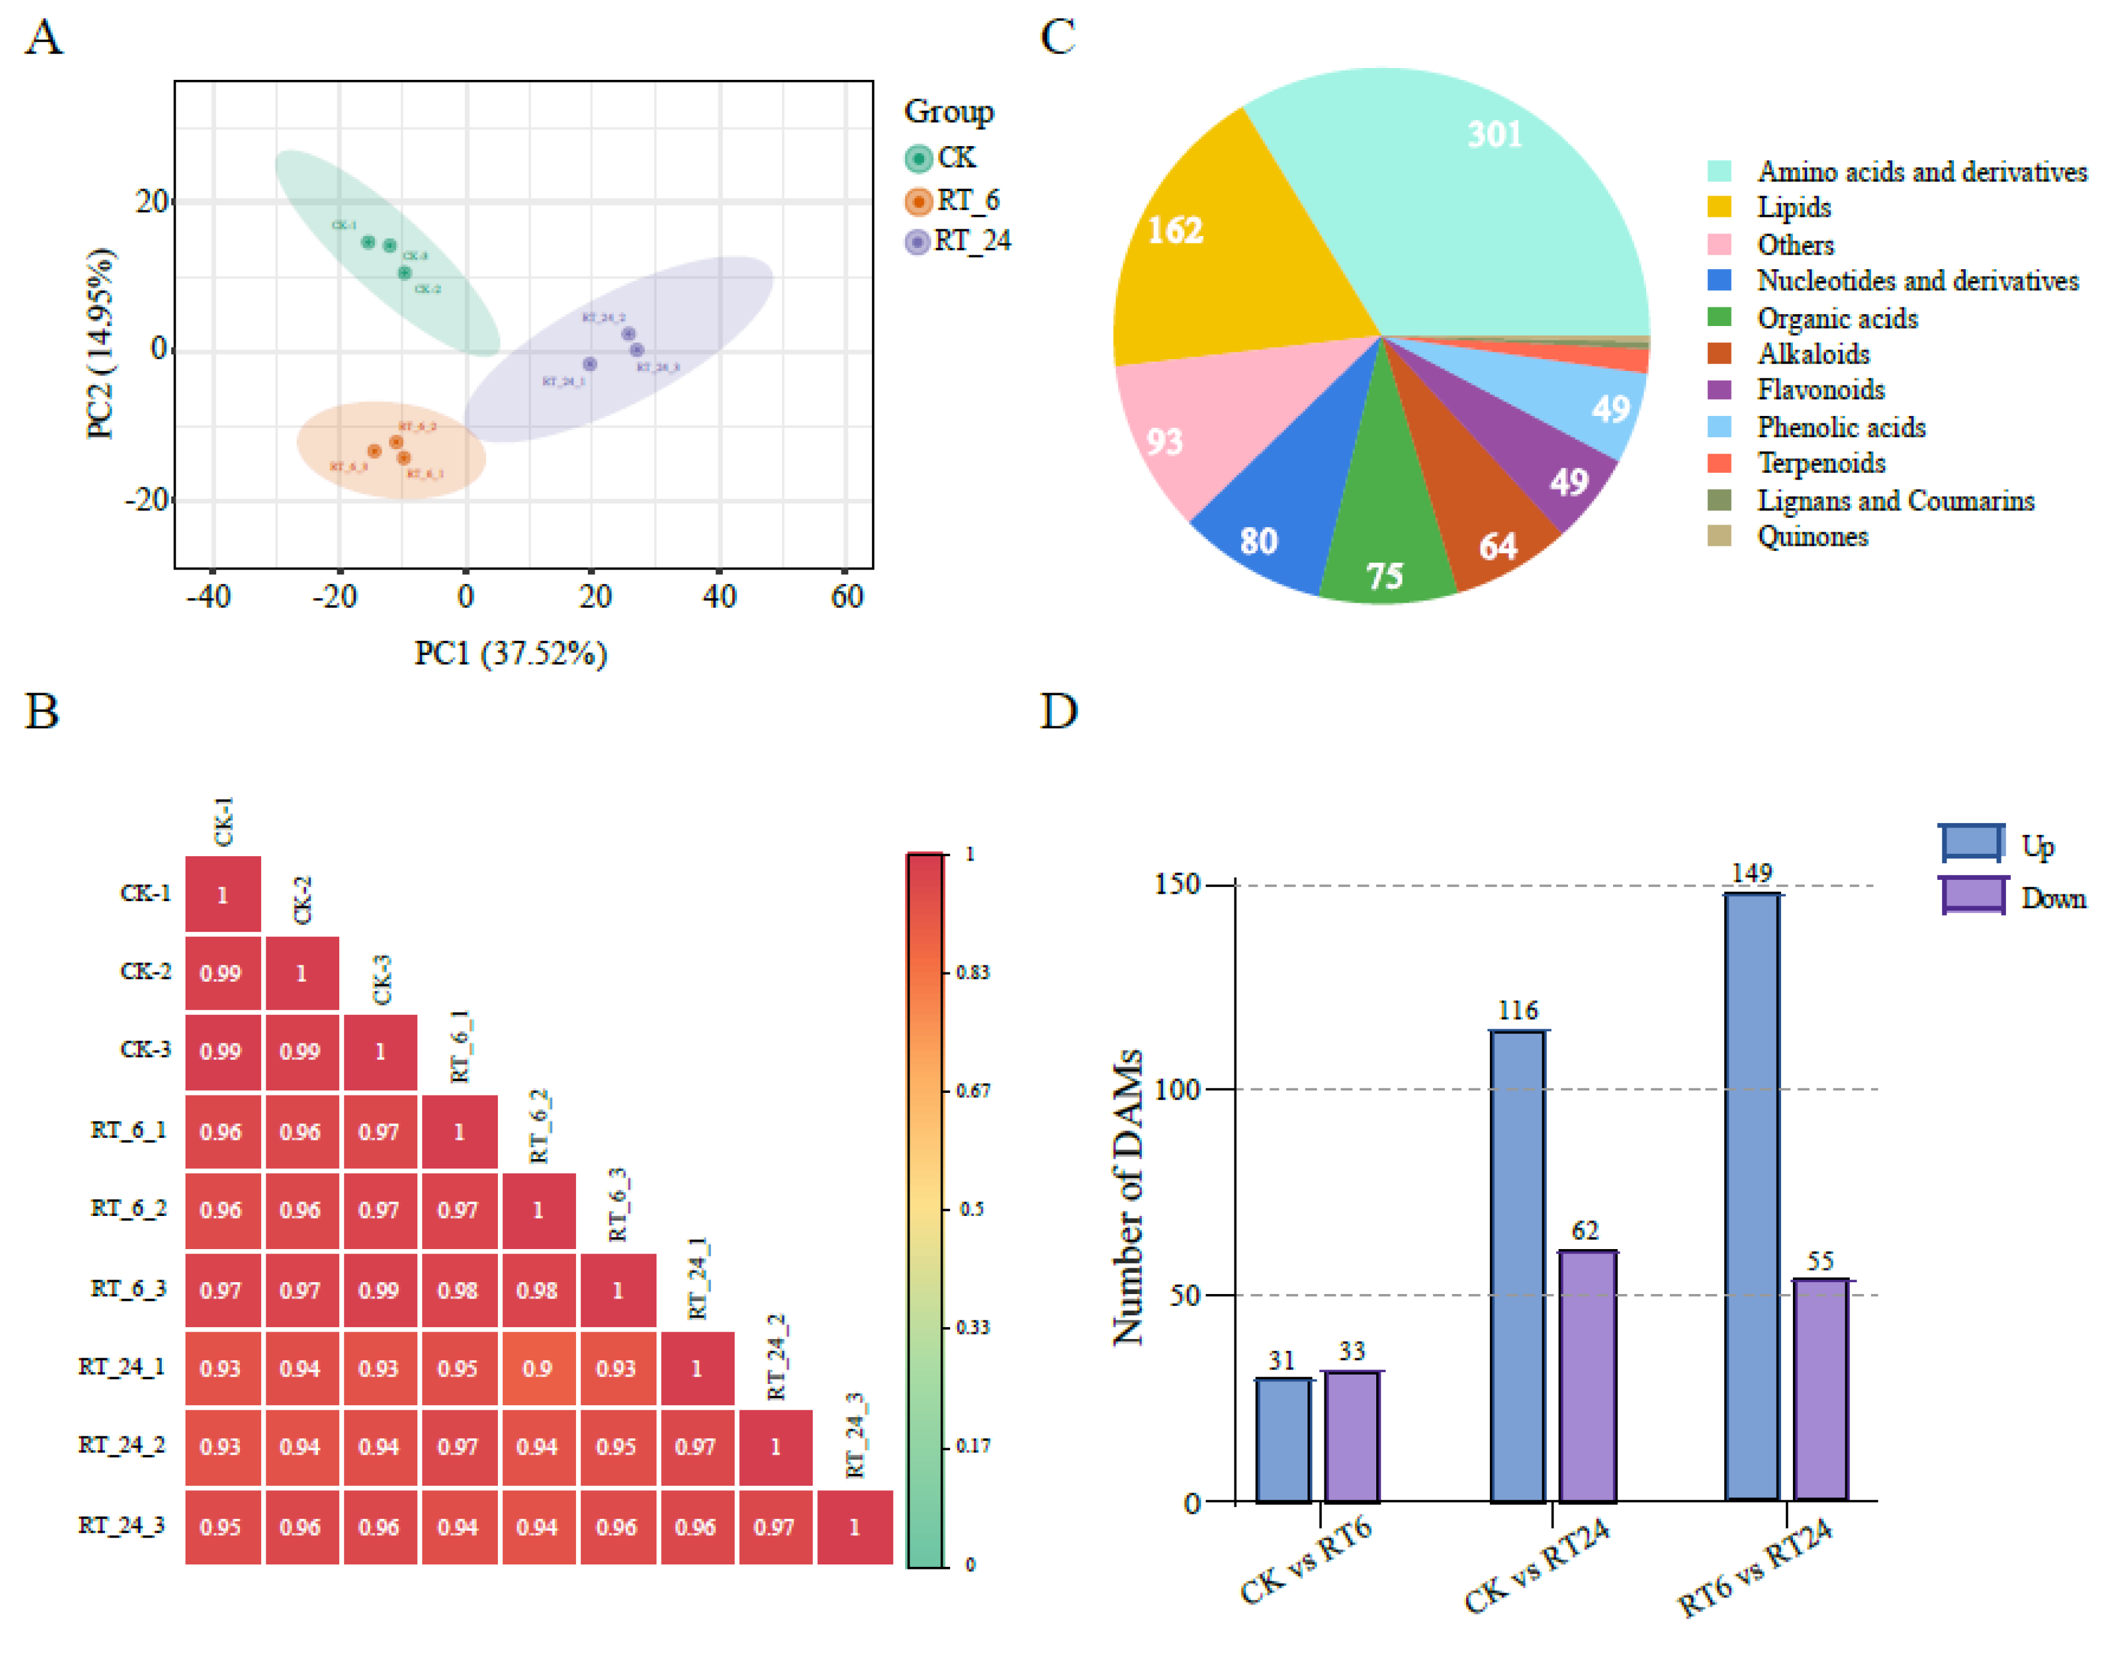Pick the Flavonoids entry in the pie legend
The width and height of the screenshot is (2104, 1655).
[1819, 390]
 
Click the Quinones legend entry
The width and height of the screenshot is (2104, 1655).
[1811, 536]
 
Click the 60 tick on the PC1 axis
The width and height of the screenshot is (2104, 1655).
[846, 596]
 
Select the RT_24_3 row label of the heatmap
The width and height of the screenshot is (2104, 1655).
[121, 1525]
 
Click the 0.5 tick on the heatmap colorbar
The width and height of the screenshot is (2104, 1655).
[971, 1209]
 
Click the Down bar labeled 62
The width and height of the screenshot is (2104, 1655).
[1587, 1376]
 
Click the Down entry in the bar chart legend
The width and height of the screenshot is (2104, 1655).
[2052, 898]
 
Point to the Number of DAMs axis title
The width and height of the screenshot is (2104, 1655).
[1127, 1197]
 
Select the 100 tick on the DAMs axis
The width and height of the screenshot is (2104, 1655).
[1178, 1089]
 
